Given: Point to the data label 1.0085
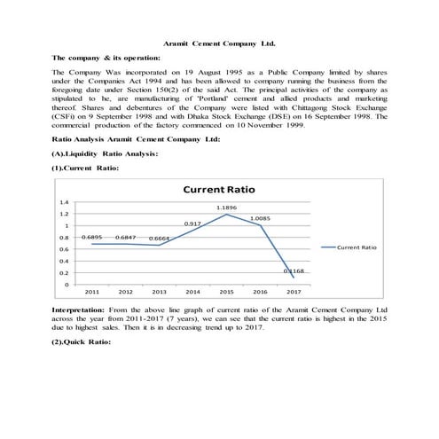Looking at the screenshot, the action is [x=261, y=217].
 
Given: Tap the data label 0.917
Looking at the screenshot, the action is [x=193, y=223].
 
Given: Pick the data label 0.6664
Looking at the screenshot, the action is [x=160, y=239].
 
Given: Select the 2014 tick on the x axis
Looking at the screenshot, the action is [x=192, y=291].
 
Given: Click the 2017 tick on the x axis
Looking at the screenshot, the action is [x=294, y=291].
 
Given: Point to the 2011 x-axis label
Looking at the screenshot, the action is [x=91, y=291].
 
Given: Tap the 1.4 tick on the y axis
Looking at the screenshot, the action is [x=64, y=203].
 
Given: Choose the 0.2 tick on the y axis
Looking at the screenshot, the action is [x=64, y=273].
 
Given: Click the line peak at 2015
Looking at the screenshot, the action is [x=226, y=215].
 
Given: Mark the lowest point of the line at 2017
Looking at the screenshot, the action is [x=294, y=278].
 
